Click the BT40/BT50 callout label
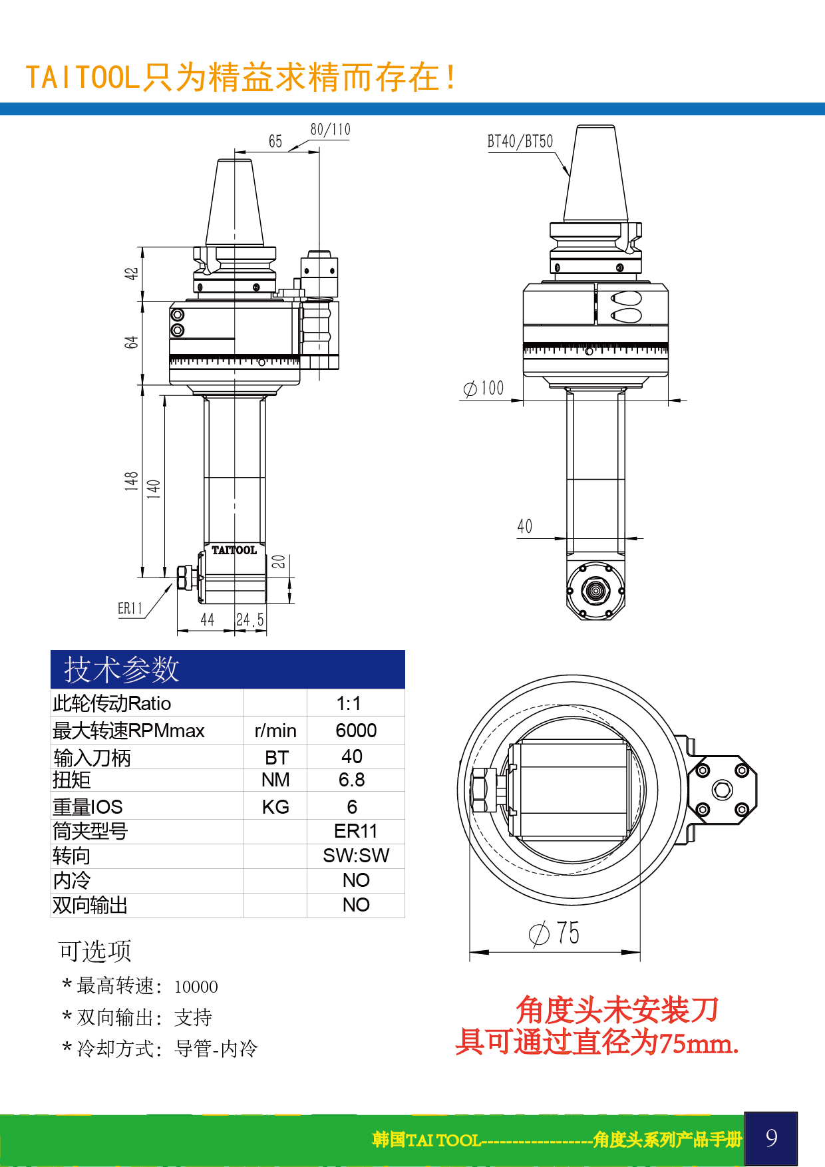520,142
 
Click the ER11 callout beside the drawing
130,609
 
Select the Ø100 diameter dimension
484,389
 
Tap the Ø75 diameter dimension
554,933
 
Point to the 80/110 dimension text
330,130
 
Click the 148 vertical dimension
131,481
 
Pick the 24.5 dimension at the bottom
250,620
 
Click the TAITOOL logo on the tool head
234,550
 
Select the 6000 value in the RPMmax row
356,731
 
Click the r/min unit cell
275,731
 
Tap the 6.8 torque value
352,780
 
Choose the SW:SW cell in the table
356,856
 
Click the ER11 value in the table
356,831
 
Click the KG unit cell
275,807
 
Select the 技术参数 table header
122,669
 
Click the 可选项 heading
94,951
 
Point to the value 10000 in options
196,987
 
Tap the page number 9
771,1138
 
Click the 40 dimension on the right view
525,527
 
